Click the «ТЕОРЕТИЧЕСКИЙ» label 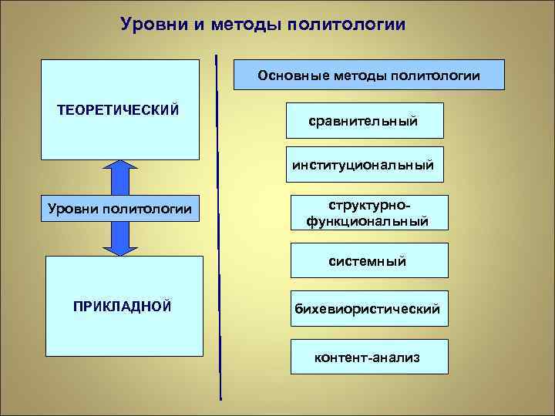[119, 109]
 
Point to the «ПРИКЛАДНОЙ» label [122, 307]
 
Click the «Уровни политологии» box [119, 208]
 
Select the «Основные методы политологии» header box [369, 75]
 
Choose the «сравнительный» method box [363, 121]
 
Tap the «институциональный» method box [363, 164]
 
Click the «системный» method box [367, 261]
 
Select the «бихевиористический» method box [367, 309]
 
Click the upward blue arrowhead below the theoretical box [119, 168]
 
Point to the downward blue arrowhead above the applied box [119, 246]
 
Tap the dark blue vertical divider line [219, 231]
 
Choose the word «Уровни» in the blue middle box [70, 208]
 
